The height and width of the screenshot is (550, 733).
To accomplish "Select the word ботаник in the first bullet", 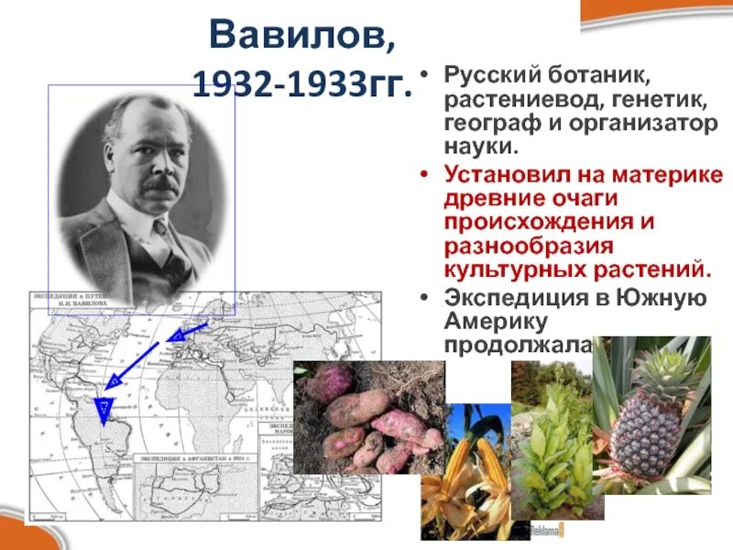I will (568, 76).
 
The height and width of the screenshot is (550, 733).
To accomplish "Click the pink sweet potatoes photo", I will (366, 417).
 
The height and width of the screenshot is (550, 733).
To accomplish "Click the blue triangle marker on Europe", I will (177, 338).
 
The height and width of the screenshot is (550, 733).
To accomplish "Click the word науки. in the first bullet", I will (481, 146).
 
